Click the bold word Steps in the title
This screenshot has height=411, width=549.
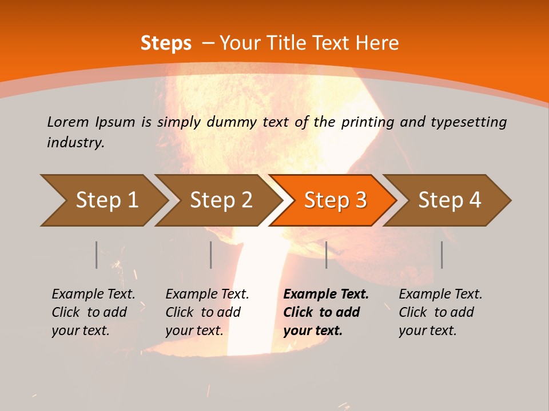tap(166, 43)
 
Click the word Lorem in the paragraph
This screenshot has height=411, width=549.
tap(68, 122)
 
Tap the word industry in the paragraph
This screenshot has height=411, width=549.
tap(75, 142)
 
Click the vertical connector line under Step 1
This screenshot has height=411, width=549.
tap(96, 255)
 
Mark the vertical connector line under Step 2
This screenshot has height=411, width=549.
tap(211, 255)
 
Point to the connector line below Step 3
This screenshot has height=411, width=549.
tap(326, 255)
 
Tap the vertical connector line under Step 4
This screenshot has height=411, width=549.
tap(441, 255)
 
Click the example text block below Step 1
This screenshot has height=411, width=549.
tap(93, 312)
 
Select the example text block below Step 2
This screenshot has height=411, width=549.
tap(207, 312)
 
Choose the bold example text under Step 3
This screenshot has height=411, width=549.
tap(326, 312)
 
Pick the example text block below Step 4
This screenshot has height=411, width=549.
tap(440, 312)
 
